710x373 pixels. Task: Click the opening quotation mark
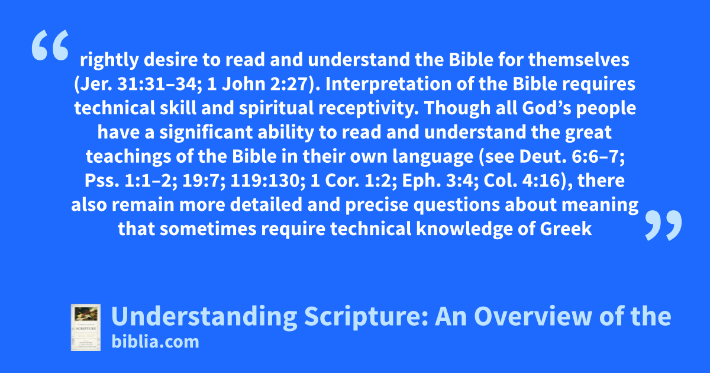(50, 45)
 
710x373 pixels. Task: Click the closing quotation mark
(663, 225)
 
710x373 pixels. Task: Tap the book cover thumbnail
(86, 327)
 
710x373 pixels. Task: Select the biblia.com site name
(155, 342)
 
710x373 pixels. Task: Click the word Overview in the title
(533, 316)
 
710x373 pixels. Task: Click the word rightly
(109, 60)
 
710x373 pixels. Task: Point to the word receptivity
(369, 108)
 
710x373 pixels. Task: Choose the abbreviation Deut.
(543, 157)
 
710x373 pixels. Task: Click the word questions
(457, 205)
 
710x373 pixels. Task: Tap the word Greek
(566, 229)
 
